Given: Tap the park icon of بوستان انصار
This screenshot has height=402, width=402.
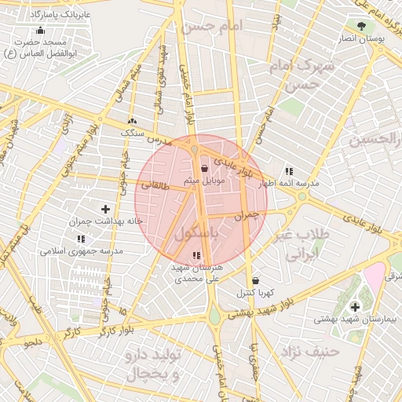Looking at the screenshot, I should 361,25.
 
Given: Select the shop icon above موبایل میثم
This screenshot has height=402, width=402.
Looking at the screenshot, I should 205,168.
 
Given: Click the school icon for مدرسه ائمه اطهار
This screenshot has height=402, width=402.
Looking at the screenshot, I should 289,171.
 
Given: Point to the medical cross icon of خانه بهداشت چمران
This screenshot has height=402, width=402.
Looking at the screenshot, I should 105,209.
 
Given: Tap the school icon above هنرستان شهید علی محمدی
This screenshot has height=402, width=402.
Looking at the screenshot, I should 196,255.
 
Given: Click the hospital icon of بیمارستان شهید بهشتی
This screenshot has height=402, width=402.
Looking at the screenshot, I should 354,306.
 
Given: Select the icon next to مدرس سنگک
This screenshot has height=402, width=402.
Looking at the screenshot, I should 132,122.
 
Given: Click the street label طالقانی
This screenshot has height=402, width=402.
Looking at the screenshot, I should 155,186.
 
